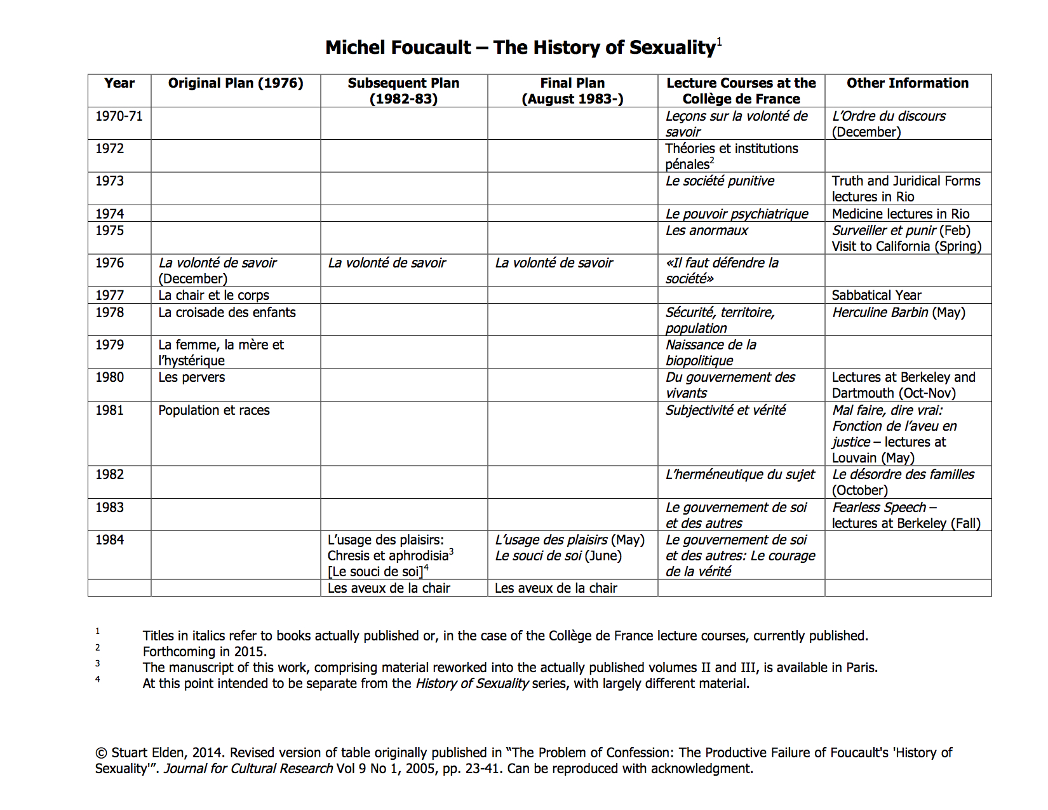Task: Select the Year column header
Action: [119, 83]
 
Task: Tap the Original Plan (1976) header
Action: [236, 83]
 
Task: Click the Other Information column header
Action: [908, 83]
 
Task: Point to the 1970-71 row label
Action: [119, 116]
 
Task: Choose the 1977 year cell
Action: [109, 295]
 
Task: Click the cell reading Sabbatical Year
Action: [877, 295]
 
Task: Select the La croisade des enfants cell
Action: [227, 313]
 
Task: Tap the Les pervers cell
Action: [191, 377]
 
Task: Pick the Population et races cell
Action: [214, 410]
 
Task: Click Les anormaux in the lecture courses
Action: [706, 231]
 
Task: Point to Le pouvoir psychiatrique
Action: [737, 214]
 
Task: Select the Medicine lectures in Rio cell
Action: [901, 214]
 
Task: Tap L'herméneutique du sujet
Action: [740, 475]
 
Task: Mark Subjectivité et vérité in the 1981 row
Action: [725, 410]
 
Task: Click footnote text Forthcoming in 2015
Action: [205, 652]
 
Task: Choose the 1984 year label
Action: [109, 540]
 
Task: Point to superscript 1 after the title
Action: [720, 42]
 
